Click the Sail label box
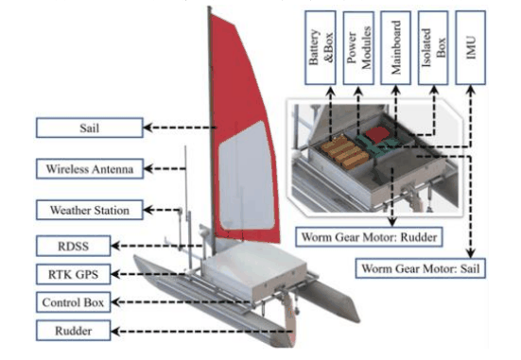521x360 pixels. (x=90, y=128)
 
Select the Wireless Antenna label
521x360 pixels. (x=90, y=169)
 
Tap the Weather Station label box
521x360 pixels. (x=90, y=210)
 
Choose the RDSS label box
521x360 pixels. (x=73, y=246)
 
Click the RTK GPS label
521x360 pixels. (x=73, y=274)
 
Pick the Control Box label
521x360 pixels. (x=73, y=302)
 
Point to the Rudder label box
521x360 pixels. (x=73, y=331)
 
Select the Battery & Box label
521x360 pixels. (x=321, y=47)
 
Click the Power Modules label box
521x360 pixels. (x=358, y=48)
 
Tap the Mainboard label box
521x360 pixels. (x=396, y=47)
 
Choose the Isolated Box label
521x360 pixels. (x=433, y=47)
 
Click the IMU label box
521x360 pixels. (x=471, y=47)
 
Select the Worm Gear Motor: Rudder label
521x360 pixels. (x=369, y=237)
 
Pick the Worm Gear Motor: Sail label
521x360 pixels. (x=421, y=268)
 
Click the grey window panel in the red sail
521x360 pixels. (x=246, y=176)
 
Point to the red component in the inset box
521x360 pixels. (x=377, y=134)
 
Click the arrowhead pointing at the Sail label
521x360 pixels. (x=148, y=128)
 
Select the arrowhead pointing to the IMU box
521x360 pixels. (x=471, y=90)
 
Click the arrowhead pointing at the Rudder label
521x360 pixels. (x=115, y=331)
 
